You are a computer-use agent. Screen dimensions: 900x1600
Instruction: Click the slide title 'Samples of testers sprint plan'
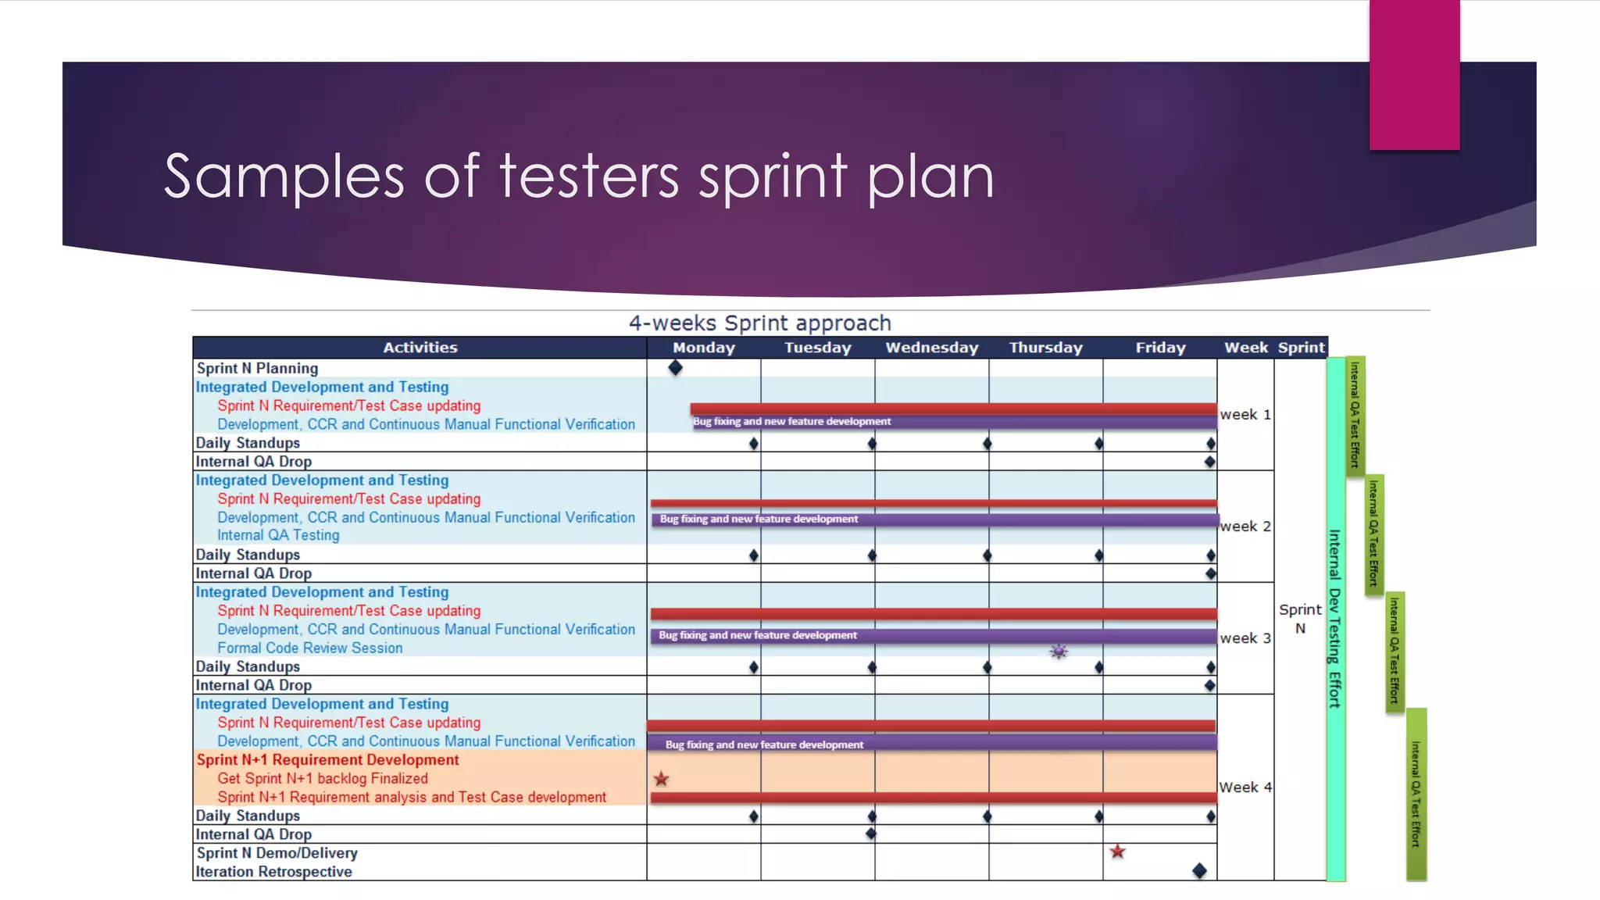click(578, 177)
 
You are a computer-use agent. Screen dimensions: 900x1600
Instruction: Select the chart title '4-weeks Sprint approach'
click(759, 323)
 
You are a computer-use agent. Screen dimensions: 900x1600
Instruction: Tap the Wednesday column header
click(931, 348)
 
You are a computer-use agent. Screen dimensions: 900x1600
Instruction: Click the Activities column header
click(420, 348)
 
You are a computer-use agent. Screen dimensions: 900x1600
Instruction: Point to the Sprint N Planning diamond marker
click(676, 367)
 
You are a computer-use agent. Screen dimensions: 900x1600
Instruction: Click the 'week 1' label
click(1245, 414)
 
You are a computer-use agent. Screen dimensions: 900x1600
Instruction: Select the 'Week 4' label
click(1245, 787)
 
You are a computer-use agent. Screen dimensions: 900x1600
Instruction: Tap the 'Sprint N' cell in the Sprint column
click(1300, 618)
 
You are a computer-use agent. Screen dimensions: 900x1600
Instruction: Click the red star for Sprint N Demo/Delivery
click(1117, 852)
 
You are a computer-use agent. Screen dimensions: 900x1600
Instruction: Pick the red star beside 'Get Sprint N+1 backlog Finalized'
click(662, 779)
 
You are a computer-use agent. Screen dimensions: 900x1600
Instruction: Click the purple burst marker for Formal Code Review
click(1059, 652)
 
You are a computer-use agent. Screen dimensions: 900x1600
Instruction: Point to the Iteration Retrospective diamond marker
click(1199, 870)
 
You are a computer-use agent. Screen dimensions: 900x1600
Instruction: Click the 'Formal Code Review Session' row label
click(309, 648)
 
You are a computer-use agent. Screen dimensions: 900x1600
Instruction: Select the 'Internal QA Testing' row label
click(278, 535)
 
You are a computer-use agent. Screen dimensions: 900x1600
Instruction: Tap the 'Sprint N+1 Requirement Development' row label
click(327, 759)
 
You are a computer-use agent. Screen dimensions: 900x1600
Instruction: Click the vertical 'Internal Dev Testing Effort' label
click(1335, 618)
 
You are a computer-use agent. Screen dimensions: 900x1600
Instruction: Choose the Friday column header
click(1160, 348)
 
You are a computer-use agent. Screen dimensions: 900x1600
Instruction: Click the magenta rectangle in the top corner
click(1414, 74)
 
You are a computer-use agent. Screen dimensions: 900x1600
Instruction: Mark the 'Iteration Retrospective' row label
click(273, 871)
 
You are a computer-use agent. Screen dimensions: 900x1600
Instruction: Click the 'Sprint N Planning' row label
click(257, 368)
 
